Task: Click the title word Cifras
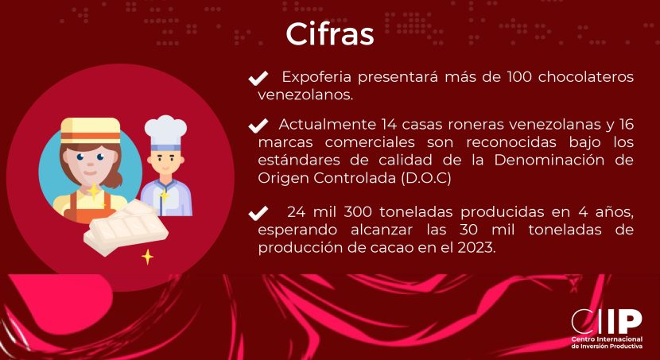click(x=329, y=34)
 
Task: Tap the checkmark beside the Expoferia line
click(x=258, y=78)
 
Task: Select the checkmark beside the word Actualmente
click(x=258, y=126)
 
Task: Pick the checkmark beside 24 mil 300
click(x=258, y=213)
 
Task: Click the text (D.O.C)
click(x=426, y=178)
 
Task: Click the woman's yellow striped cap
click(x=91, y=130)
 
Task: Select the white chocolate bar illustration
click(x=126, y=227)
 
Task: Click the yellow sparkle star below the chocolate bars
click(x=147, y=257)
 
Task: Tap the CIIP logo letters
click(x=607, y=322)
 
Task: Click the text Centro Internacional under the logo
click(x=607, y=339)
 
